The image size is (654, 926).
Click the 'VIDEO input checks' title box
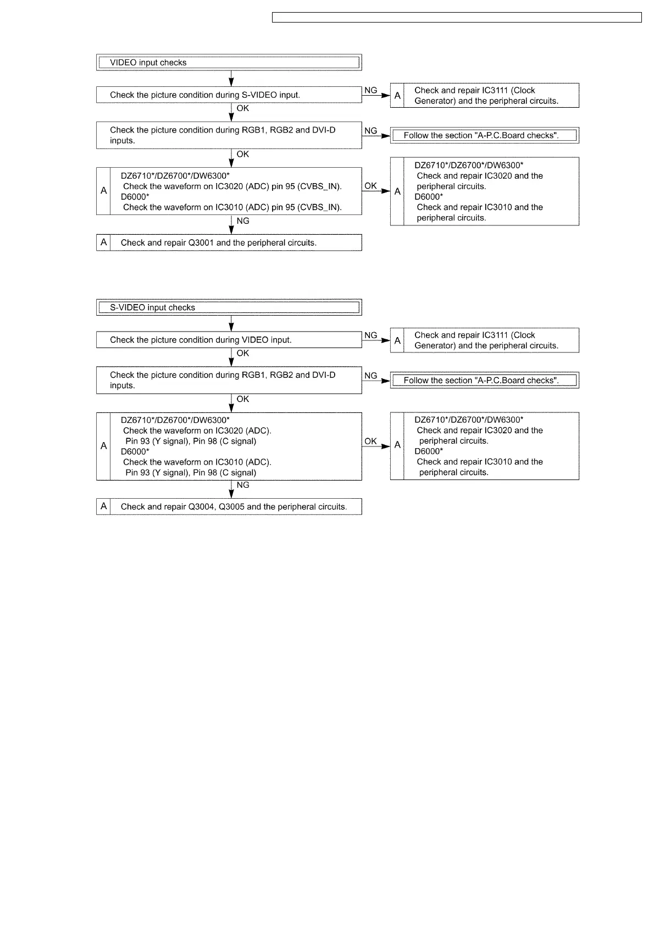tap(229, 62)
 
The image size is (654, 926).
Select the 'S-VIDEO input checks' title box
tap(229, 307)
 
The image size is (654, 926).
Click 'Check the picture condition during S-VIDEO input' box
tap(229, 95)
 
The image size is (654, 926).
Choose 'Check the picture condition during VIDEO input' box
tap(229, 340)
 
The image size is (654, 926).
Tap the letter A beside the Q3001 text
tap(103, 242)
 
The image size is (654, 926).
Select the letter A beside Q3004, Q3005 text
tap(103, 506)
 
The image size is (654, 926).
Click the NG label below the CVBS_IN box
tap(243, 221)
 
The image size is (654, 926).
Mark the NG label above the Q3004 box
tap(243, 485)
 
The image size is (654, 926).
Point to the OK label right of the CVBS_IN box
tap(371, 186)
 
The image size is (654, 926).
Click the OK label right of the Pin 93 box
tap(371, 441)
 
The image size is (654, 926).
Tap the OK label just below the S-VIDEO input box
tap(243, 108)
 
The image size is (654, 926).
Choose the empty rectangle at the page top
tap(457, 18)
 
